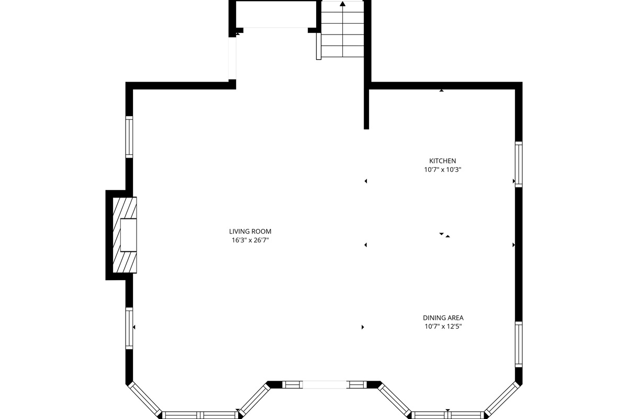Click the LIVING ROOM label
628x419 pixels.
[250, 231]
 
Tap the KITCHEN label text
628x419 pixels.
[443, 161]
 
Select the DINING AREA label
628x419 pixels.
[443, 318]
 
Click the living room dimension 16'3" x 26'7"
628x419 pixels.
[250, 240]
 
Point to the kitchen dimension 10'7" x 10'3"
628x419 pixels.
[443, 170]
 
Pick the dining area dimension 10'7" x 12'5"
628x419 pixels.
[443, 326]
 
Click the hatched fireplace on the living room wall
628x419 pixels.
[125, 235]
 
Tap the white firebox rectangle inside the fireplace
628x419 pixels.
[129, 235]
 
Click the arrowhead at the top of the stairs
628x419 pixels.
[343, 4]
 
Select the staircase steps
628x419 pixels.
[343, 29]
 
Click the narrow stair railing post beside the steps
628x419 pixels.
[319, 46]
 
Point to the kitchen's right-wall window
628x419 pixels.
[519, 164]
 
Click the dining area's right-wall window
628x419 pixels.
[519, 344]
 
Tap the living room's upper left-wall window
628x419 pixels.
[129, 137]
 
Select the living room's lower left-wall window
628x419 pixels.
[129, 328]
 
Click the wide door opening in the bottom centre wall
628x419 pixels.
[324, 385]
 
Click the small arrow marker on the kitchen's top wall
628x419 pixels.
[442, 91]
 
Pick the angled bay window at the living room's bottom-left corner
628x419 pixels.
[145, 400]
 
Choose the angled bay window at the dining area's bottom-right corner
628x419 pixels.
[502, 400]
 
